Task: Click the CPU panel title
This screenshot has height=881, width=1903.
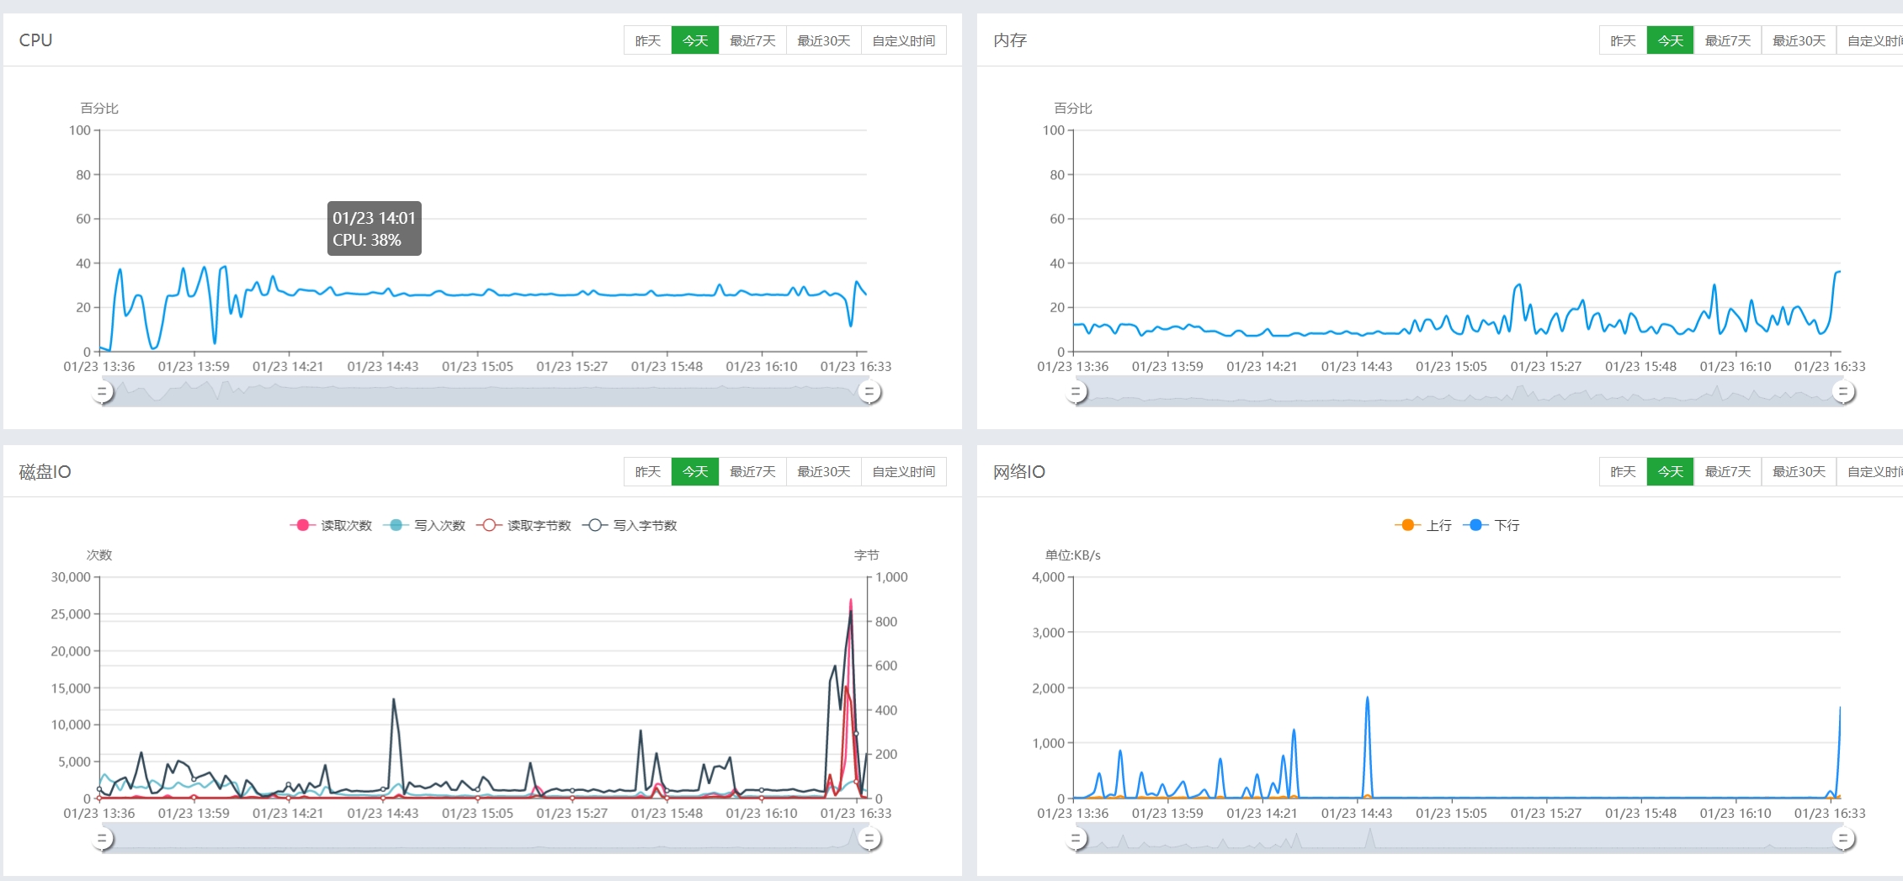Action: [35, 40]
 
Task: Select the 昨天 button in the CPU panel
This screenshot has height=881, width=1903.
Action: [647, 40]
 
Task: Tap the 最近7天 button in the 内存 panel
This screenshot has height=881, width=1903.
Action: [1727, 40]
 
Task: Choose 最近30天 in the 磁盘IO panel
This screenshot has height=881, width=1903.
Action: [823, 471]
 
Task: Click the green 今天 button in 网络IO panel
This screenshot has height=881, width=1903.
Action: [1670, 471]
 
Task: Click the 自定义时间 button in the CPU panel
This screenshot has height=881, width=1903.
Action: [903, 40]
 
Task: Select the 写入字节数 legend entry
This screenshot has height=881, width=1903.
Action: [630, 525]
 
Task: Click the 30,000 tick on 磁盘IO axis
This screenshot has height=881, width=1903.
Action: [71, 577]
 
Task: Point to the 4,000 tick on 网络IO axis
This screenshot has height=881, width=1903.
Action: [1048, 577]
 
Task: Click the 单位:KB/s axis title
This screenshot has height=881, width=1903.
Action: [1072, 555]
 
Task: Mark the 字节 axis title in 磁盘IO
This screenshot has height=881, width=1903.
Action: [866, 555]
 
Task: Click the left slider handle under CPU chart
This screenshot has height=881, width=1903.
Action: [103, 392]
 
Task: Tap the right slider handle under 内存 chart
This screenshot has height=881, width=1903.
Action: [1843, 392]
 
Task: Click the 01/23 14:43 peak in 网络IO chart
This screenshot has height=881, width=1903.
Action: [1367, 698]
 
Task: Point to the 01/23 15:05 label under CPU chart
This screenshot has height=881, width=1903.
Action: [477, 367]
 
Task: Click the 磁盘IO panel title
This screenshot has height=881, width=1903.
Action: [45, 472]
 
